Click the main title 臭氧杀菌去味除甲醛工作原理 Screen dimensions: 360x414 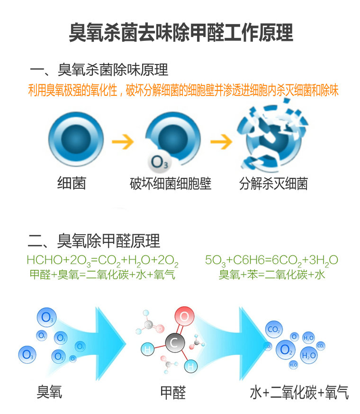point(180,33)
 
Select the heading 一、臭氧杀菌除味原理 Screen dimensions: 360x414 point(99,70)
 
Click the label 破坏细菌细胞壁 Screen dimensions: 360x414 point(171,184)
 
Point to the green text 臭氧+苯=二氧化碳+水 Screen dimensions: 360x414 point(272,275)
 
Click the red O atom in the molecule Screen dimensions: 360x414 point(185,316)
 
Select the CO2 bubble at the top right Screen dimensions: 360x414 point(274,329)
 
